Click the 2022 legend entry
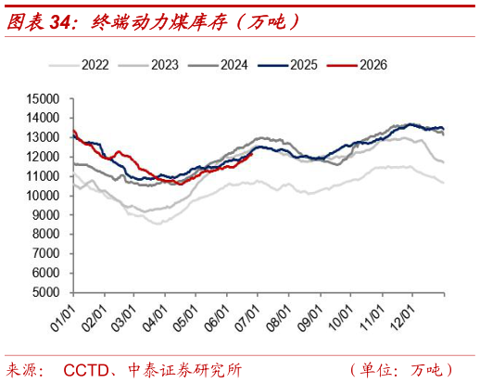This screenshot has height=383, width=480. [79, 65]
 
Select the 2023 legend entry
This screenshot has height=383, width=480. [148, 65]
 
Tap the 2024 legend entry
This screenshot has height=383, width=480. [218, 65]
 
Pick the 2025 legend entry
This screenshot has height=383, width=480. [288, 65]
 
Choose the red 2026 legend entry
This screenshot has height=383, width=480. [358, 65]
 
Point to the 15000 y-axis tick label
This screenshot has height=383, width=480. [43, 99]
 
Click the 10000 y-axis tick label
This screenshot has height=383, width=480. [43, 196]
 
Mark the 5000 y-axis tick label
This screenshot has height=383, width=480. [45, 292]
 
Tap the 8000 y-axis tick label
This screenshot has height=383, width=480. [45, 234]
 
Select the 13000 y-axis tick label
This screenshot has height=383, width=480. [43, 137]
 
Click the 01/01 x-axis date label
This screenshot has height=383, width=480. [63, 317]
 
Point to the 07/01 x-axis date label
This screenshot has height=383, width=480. [247, 317]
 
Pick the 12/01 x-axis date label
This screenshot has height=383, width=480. [402, 317]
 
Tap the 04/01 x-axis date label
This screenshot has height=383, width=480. [155, 317]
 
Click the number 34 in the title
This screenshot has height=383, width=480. [60, 22]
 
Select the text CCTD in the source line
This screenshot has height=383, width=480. [86, 370]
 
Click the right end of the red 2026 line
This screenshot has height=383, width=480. [252, 154]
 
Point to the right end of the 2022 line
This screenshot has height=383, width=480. [444, 183]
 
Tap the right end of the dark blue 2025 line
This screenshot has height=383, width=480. [444, 129]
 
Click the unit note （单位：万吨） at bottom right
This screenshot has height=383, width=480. [401, 370]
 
